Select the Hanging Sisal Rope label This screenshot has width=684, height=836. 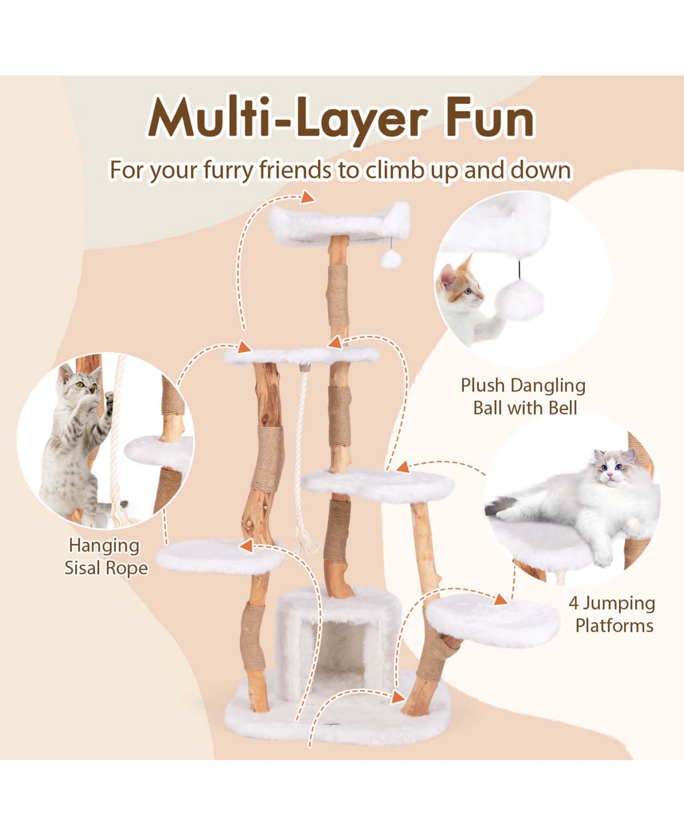click(x=106, y=557)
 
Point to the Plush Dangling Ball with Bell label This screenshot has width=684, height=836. click(x=523, y=396)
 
